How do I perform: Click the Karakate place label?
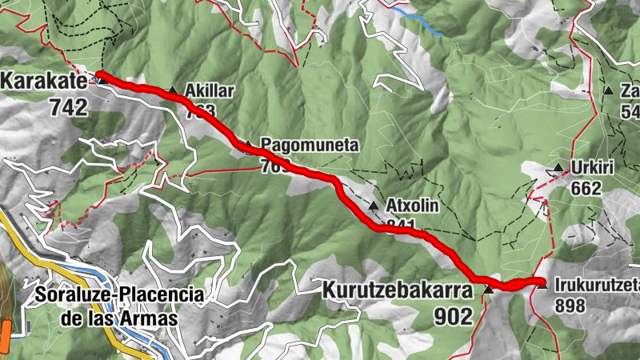pos(40,81)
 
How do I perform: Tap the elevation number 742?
pos(68,106)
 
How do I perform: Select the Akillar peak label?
pos(209,90)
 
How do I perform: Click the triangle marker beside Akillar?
pos(172,90)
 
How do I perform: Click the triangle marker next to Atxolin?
pos(374,206)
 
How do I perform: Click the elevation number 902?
pos(454,316)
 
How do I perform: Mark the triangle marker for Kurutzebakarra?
pos(487,289)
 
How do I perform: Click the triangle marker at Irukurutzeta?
pos(542,282)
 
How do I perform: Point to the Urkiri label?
pos(590,168)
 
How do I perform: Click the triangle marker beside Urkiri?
pos(558,167)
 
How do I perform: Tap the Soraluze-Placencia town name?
pos(119,294)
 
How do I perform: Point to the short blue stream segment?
pos(422,22)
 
